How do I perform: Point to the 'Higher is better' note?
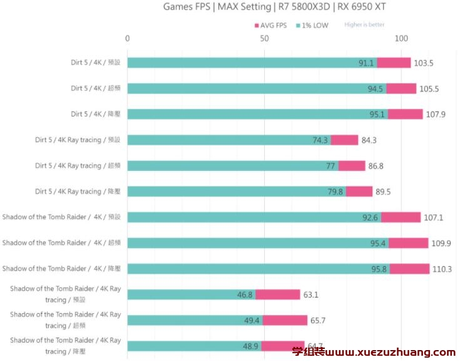click(x=364, y=25)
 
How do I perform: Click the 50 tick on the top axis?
click(x=265, y=39)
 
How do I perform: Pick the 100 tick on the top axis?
click(x=401, y=39)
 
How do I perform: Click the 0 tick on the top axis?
click(x=128, y=39)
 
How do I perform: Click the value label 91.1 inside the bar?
click(x=366, y=63)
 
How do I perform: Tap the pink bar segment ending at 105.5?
click(x=401, y=89)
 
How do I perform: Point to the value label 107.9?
click(x=436, y=115)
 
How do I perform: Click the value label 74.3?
click(x=320, y=140)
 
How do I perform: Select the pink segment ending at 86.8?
click(x=352, y=166)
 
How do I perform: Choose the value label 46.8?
click(x=245, y=295)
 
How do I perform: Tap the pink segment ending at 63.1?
click(x=278, y=295)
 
